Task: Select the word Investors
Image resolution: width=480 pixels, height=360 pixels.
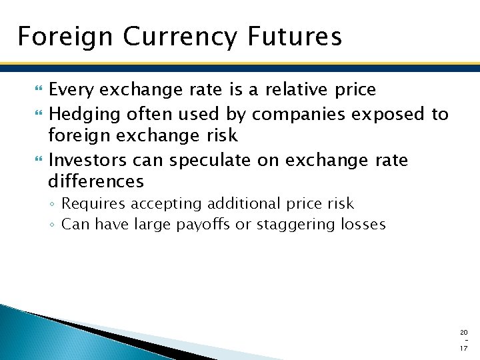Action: pyautogui.click(x=87, y=161)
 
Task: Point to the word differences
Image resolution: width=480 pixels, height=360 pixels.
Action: pyautogui.click(x=96, y=181)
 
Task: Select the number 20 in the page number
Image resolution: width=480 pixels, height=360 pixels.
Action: pyautogui.click(x=464, y=331)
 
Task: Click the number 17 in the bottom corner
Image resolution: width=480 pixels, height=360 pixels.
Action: pyautogui.click(x=464, y=348)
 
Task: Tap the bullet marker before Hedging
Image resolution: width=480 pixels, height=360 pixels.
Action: pyautogui.click(x=37, y=115)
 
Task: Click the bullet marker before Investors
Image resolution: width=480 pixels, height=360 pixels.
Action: pyautogui.click(x=37, y=161)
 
